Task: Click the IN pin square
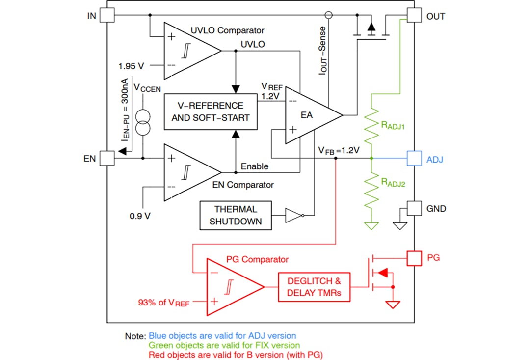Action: click(106, 16)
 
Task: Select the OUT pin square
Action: click(415, 16)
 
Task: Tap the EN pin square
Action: click(106, 158)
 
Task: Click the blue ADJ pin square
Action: click(415, 158)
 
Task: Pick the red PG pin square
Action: click(415, 258)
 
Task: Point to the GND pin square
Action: click(415, 208)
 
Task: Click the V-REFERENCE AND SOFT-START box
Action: click(211, 112)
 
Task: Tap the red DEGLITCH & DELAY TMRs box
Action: click(314, 287)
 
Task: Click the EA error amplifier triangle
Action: click(309, 115)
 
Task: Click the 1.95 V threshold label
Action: click(132, 65)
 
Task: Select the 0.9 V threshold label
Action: click(140, 215)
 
